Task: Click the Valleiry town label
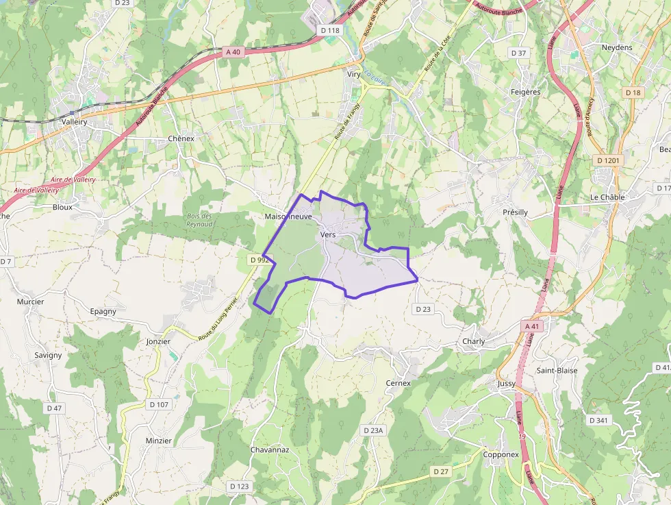click(x=75, y=121)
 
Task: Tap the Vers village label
click(x=327, y=234)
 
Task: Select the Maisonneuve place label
click(x=288, y=217)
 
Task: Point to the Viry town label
click(x=354, y=73)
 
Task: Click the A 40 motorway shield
click(x=233, y=52)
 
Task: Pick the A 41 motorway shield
click(x=532, y=327)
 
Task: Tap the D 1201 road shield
click(x=607, y=160)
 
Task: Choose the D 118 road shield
click(x=330, y=30)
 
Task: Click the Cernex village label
click(x=398, y=383)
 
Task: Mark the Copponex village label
click(x=501, y=454)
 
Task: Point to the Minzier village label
click(x=159, y=441)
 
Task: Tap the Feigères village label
click(x=526, y=92)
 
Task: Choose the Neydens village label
click(x=616, y=47)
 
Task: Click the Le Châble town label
click(x=607, y=197)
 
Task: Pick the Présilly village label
click(x=515, y=212)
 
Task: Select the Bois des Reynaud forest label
click(x=199, y=220)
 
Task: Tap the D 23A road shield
click(x=373, y=430)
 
